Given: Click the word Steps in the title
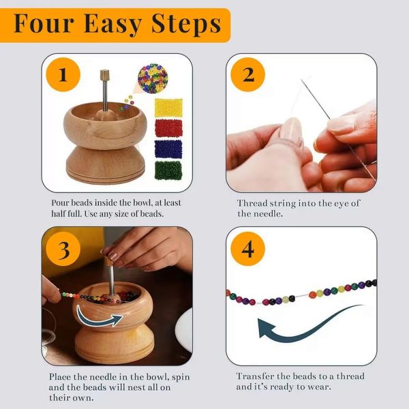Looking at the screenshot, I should tap(182, 24).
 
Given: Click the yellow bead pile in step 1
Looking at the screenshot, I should tap(168, 107).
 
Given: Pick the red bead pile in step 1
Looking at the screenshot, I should tap(168, 128).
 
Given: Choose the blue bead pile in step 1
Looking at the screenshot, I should tap(168, 149).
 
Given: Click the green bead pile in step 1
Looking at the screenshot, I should tap(168, 170).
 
